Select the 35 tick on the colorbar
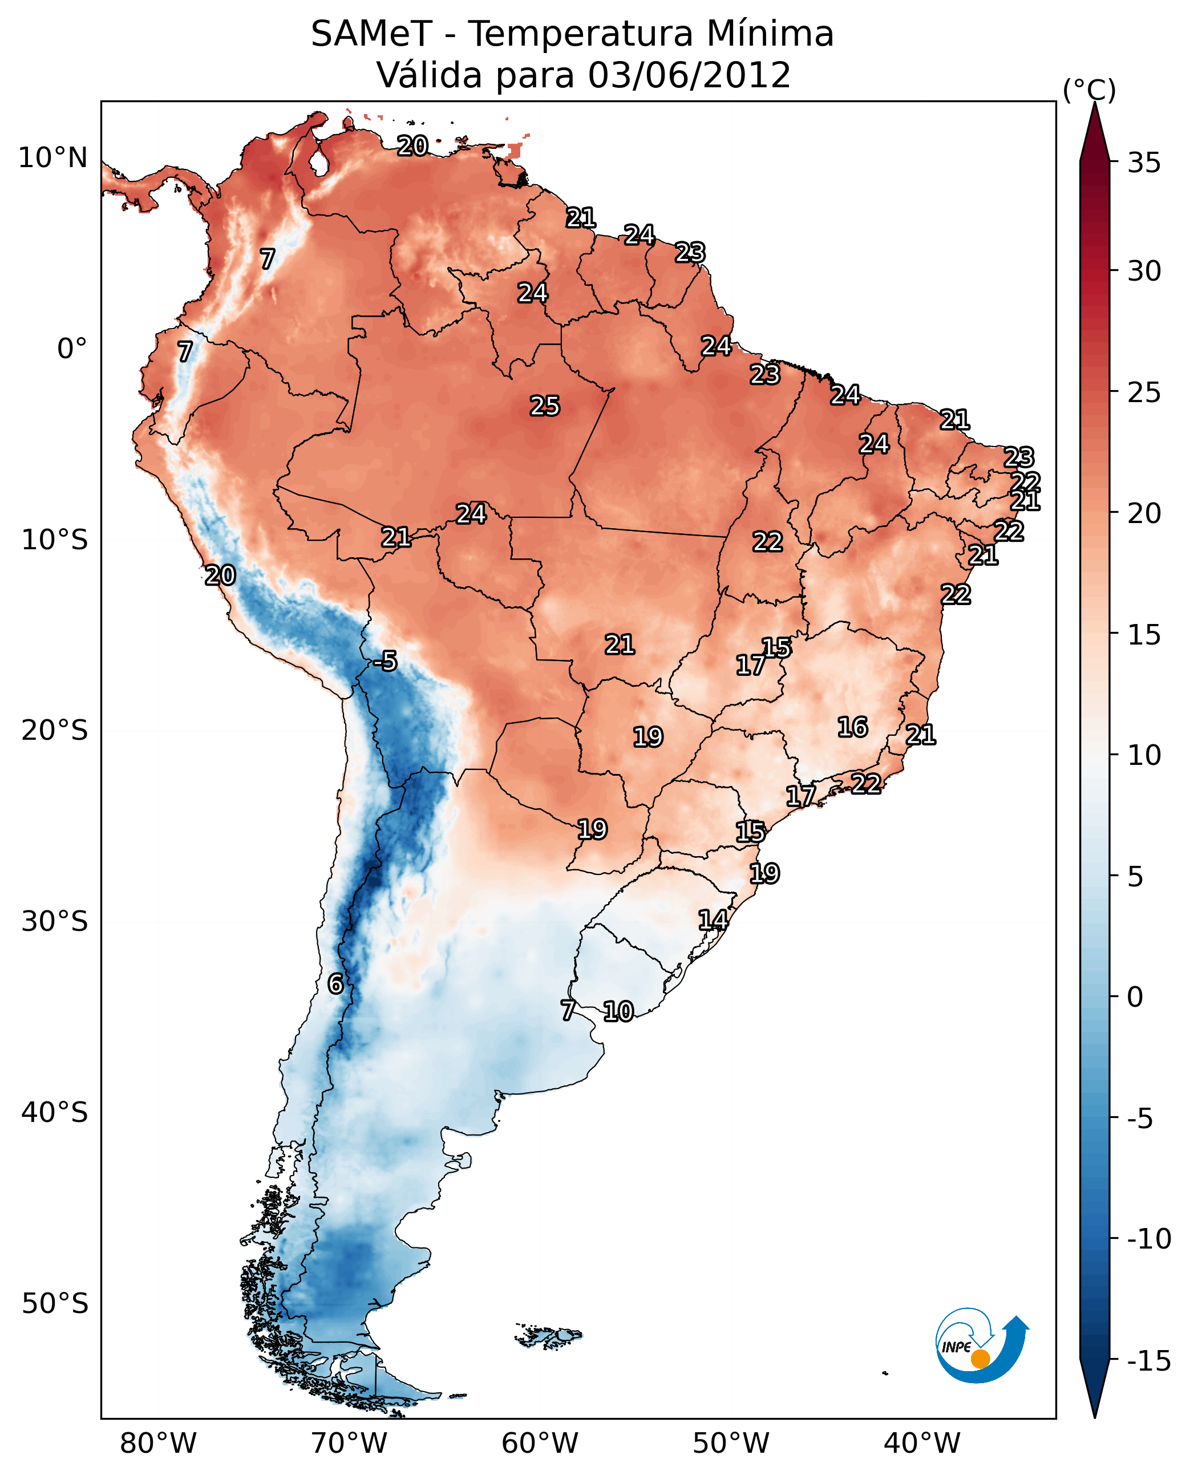[1144, 163]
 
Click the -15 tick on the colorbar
[1149, 1360]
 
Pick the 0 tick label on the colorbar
[1135, 996]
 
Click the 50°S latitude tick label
[55, 1303]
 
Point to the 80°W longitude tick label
[157, 1443]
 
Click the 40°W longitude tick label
[921, 1443]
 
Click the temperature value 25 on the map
[545, 406]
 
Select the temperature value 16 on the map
[853, 727]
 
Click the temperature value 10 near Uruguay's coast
[618, 1011]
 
